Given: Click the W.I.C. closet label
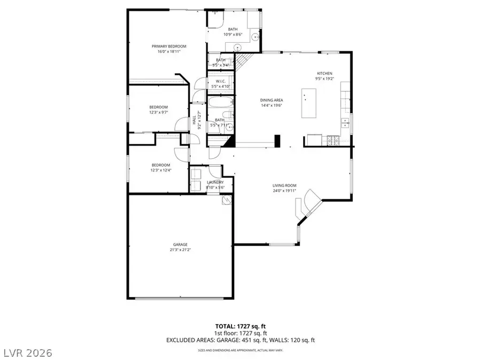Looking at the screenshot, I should click(220, 81).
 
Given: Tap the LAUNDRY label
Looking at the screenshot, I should click(215, 182).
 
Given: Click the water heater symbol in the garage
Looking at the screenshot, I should click(227, 201).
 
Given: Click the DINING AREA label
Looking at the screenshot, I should click(271, 100).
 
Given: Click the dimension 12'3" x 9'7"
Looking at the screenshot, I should click(158, 113).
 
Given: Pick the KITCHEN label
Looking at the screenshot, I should click(324, 73).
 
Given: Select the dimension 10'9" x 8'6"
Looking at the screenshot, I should click(233, 34).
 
